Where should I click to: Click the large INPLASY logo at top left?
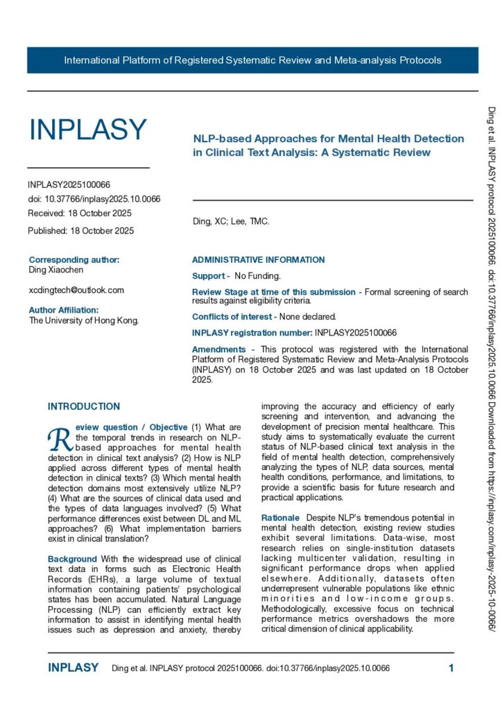[x=87, y=130]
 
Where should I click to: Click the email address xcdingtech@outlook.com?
[x=76, y=290]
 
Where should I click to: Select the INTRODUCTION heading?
[x=84, y=406]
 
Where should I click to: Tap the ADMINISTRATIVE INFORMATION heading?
[x=258, y=260]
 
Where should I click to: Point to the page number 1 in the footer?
[x=451, y=668]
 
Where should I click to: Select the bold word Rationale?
[x=280, y=518]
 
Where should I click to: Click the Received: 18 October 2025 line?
[x=80, y=213]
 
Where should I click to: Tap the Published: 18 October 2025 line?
[x=81, y=230]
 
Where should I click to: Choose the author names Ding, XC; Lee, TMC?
[x=230, y=222]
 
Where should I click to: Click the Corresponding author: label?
[x=74, y=260]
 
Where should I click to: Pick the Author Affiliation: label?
[x=64, y=310]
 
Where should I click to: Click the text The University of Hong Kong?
[x=84, y=320]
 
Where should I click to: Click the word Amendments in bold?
[x=218, y=349]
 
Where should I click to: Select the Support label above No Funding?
[x=207, y=276]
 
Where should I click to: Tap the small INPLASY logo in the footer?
[x=73, y=668]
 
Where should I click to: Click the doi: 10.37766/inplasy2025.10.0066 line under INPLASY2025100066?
[x=94, y=199]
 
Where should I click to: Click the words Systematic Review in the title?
[x=389, y=152]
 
